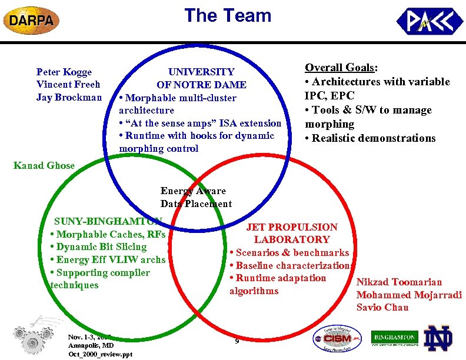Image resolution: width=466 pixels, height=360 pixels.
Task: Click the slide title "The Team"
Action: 228,15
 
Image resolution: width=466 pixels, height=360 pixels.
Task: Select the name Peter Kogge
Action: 64,72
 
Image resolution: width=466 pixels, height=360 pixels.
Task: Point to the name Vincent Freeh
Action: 68,84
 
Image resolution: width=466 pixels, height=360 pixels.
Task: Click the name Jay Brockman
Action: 69,97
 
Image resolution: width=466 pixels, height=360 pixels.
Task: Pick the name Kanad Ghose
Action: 44,165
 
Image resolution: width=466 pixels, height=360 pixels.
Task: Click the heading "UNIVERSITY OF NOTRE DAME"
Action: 201,78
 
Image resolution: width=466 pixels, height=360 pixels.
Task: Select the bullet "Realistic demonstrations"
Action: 373,138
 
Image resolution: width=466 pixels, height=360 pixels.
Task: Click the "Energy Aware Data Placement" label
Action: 196,197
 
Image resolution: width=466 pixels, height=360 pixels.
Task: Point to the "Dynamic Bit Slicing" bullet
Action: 98,246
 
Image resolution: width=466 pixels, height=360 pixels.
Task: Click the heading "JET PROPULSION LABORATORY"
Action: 291,233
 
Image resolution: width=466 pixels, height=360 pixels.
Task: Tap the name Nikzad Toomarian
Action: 399,282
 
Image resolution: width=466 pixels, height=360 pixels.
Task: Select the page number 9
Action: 236,341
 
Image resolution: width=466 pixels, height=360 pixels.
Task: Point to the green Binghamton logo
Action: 394,338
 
